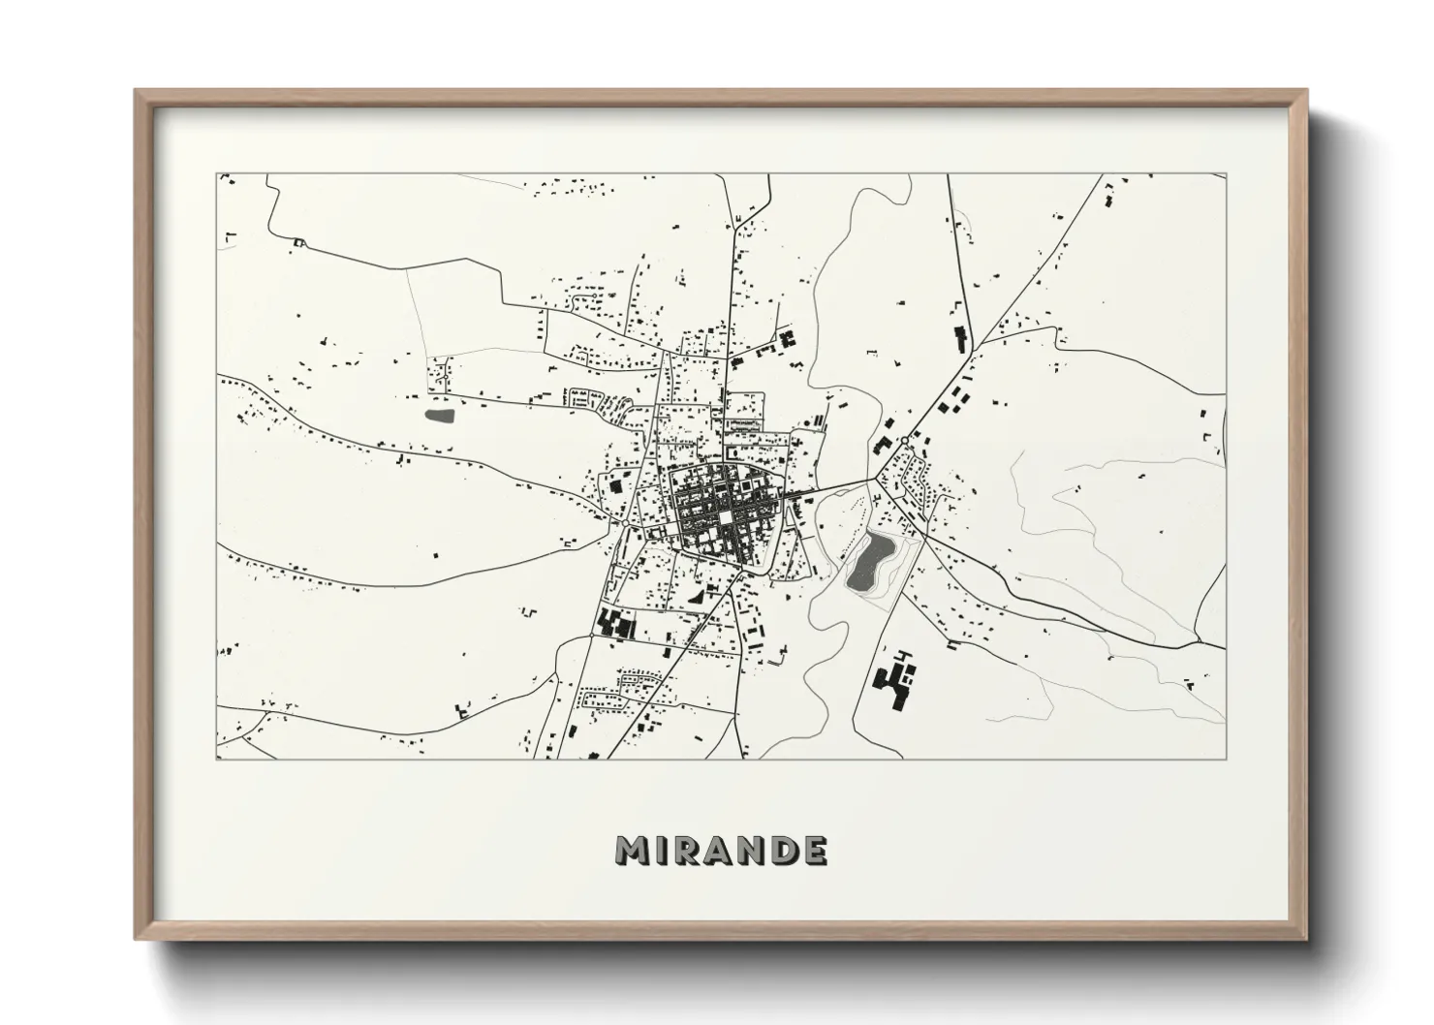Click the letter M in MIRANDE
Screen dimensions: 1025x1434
click(632, 851)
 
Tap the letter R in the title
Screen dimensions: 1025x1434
click(686, 851)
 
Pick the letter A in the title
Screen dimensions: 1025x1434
click(718, 851)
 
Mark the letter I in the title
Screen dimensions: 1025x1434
click(661, 851)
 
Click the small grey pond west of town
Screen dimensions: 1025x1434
click(439, 416)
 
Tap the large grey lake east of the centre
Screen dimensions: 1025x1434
click(869, 563)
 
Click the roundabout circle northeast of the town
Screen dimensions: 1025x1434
click(903, 441)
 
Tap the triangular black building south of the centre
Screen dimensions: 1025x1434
click(695, 599)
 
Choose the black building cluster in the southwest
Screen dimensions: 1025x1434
click(613, 623)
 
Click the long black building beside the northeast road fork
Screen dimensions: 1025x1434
click(960, 339)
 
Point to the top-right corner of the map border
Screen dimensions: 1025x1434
click(1226, 174)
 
